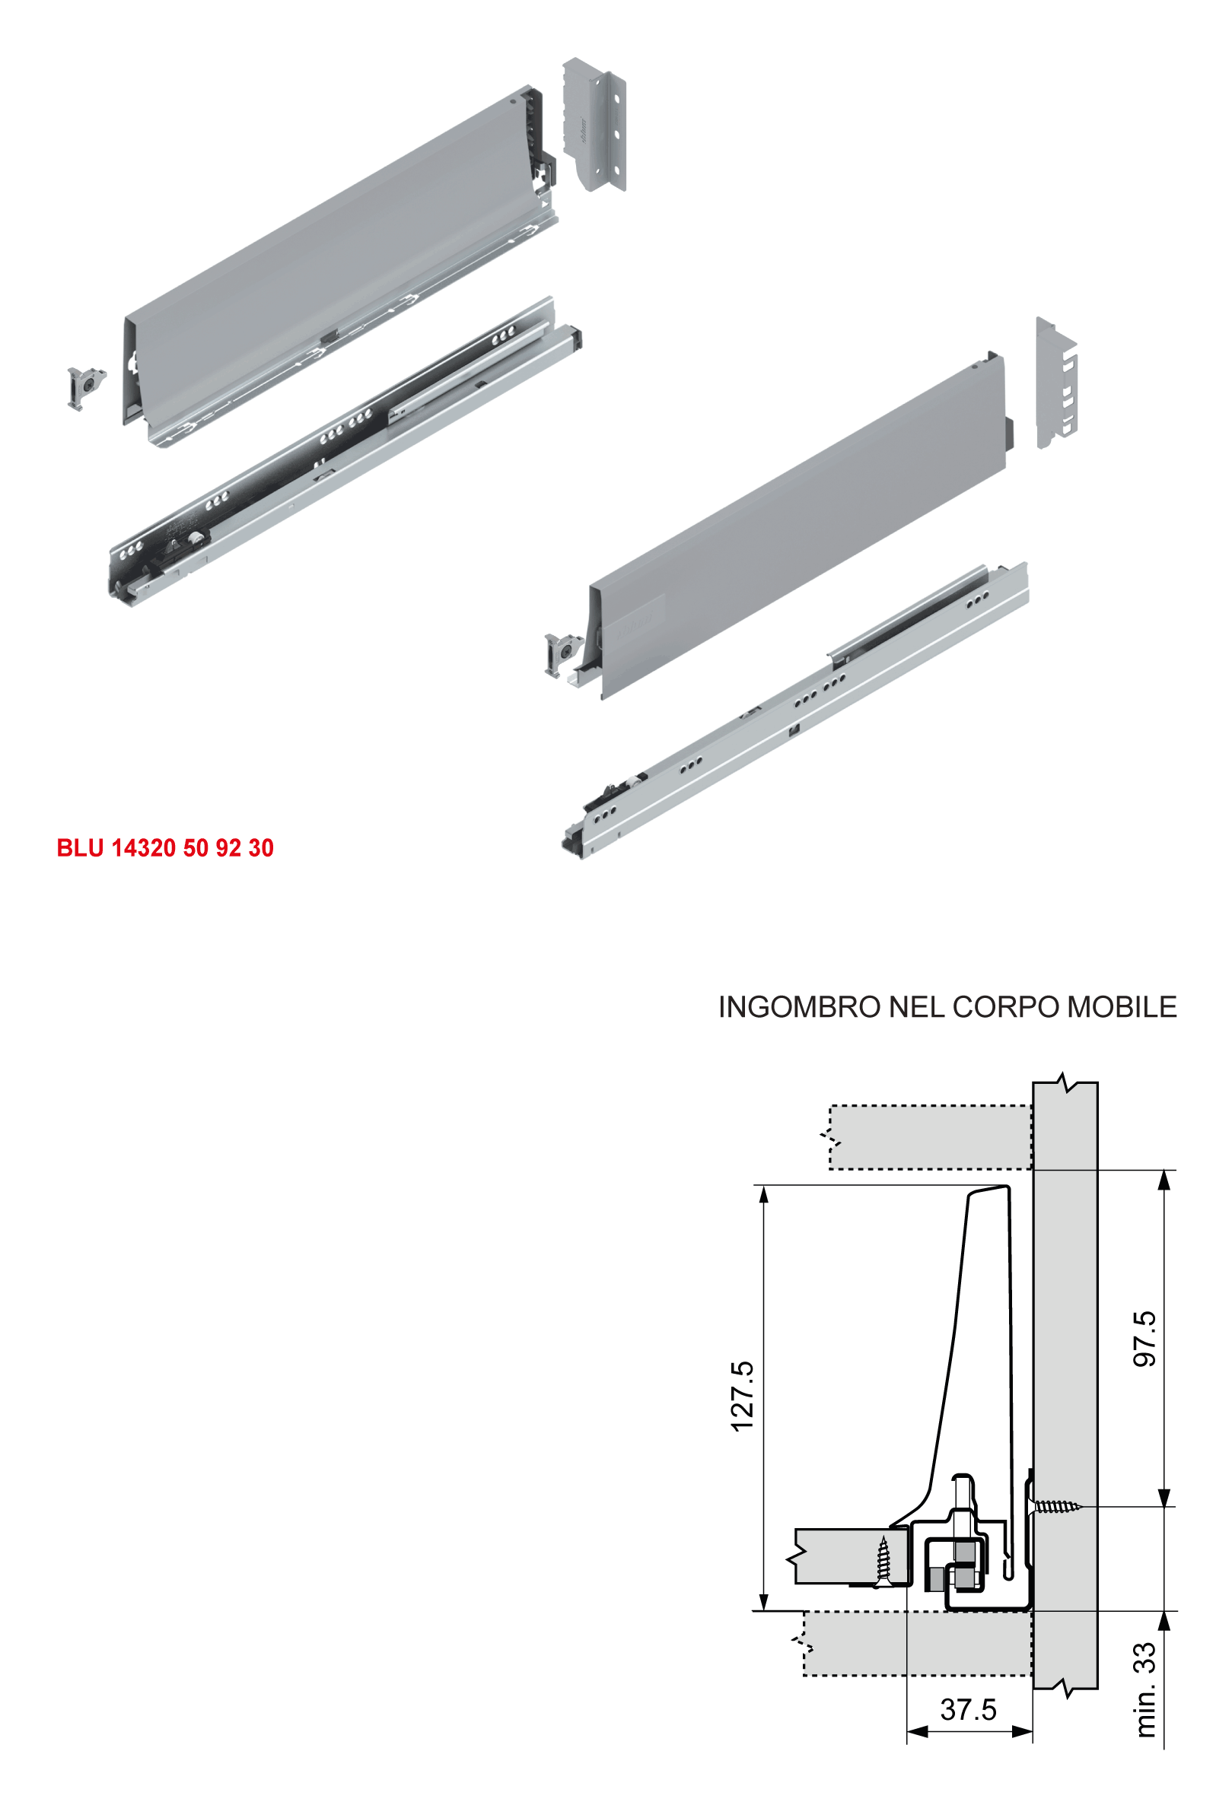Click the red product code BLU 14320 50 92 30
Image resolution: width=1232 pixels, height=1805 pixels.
[x=164, y=847]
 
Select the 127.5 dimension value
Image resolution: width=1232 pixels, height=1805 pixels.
[x=743, y=1396]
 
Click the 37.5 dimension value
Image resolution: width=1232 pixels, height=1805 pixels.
[x=968, y=1709]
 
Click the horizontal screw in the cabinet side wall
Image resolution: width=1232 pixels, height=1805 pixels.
[x=1055, y=1507]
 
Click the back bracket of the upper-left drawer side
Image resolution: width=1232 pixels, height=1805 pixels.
[x=594, y=124]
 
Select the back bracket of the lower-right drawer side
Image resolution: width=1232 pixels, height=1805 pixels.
[x=1056, y=383]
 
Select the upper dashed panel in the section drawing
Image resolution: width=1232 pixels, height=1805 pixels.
[x=931, y=1137]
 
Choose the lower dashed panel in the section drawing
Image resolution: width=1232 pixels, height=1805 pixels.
[x=917, y=1644]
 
